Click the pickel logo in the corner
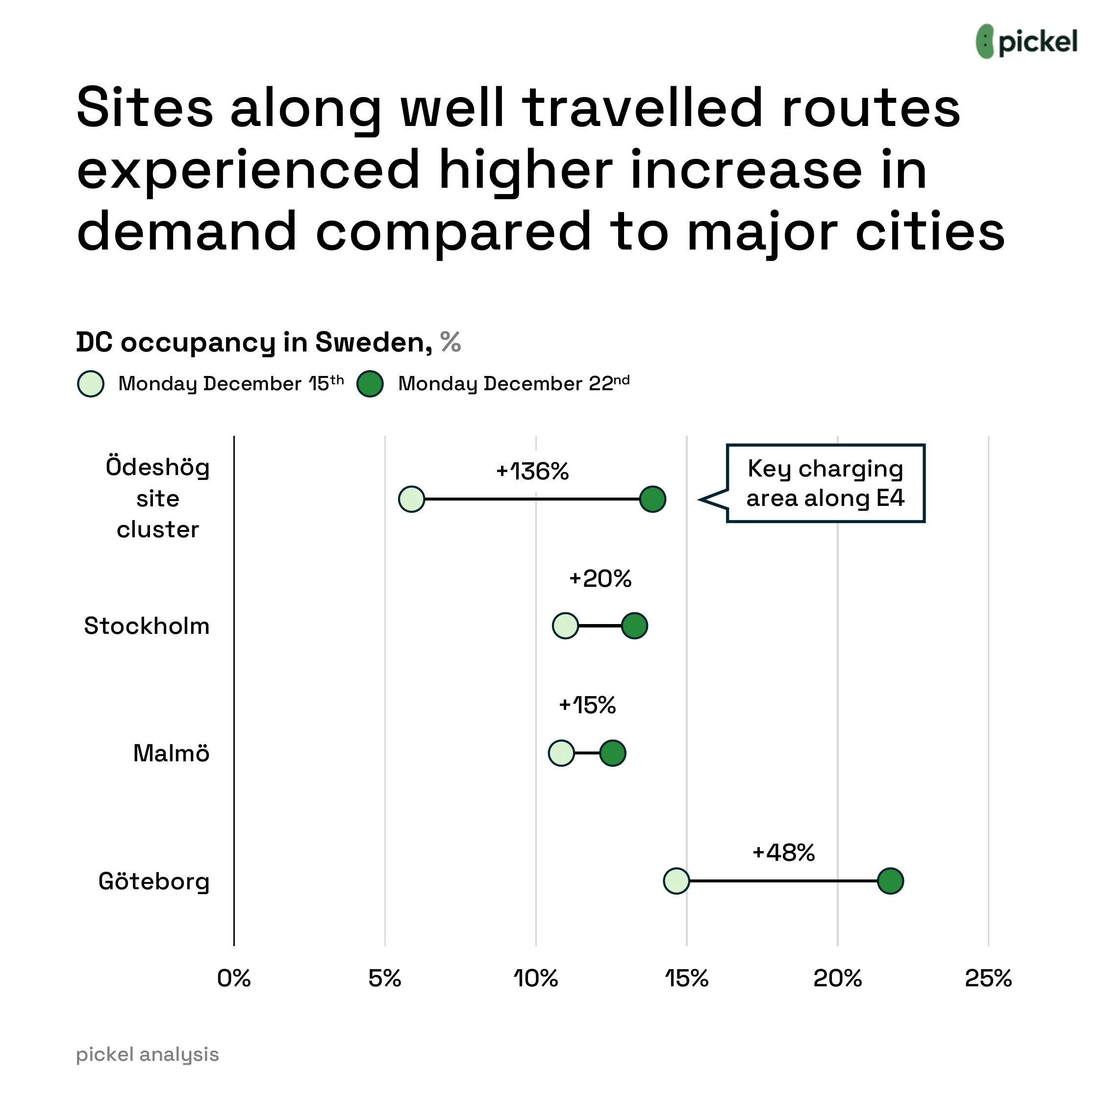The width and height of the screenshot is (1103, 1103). coord(1026,42)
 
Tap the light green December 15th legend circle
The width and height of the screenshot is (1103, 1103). coord(91,384)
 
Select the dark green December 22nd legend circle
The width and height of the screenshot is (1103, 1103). coord(370,384)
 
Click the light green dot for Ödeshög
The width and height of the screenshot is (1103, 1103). coord(412,500)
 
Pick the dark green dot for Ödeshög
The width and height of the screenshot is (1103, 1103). coord(652,500)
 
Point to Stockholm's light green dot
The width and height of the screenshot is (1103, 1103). coord(565,626)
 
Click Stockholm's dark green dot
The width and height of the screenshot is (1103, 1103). coord(634,626)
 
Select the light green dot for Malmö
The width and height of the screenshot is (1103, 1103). coord(561,753)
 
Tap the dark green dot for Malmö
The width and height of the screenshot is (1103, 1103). coord(613,753)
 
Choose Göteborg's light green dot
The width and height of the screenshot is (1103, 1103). coord(677,881)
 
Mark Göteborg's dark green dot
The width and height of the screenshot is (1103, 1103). coord(890,881)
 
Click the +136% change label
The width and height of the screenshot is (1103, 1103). coord(532,472)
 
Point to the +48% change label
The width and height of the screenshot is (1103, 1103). coord(783,852)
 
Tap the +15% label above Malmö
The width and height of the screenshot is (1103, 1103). coord(587,705)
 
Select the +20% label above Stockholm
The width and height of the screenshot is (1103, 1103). coord(600,579)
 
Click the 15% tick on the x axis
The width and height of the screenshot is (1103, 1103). coord(686,978)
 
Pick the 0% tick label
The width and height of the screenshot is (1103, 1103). coord(234,978)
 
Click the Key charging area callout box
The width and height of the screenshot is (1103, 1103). coord(825,483)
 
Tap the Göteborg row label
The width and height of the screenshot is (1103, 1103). coord(154,881)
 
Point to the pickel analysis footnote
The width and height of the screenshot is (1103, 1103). coord(147,1054)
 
